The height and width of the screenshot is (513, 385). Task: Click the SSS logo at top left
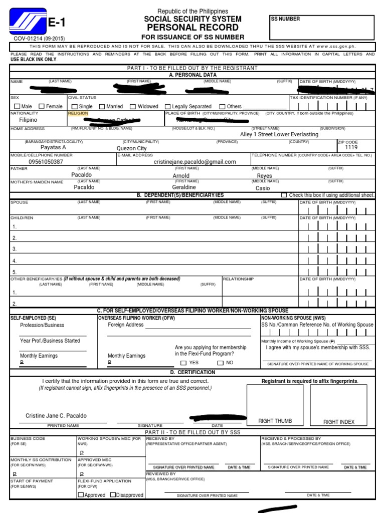tap(28, 23)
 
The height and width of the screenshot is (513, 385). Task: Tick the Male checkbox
tap(18, 106)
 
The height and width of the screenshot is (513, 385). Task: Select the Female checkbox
tap(42, 106)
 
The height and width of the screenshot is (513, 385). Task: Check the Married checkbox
tap(102, 106)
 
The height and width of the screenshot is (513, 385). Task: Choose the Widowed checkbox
tap(133, 106)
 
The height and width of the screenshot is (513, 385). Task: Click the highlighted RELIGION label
tap(78, 113)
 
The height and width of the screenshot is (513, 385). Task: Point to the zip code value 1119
tap(351, 148)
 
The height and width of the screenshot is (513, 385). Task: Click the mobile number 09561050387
tap(46, 162)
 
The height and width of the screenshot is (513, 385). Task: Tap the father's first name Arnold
tap(181, 176)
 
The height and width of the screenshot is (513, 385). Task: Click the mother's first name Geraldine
tap(184, 187)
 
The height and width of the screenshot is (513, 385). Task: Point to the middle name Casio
tap(263, 188)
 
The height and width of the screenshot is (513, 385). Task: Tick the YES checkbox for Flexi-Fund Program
tap(183, 363)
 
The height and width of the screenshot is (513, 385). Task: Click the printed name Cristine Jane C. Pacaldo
tap(56, 416)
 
